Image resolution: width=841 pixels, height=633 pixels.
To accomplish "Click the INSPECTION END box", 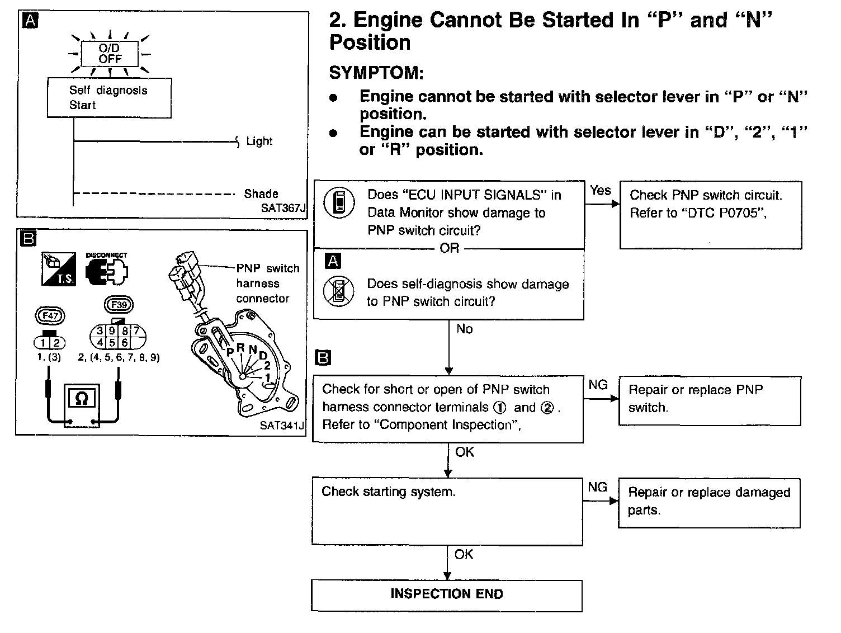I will [x=446, y=595].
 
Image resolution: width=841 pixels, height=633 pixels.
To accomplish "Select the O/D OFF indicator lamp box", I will [x=110, y=54].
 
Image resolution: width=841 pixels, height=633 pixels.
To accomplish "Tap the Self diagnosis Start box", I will [x=109, y=98].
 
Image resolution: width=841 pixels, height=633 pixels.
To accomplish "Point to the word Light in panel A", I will [x=259, y=141].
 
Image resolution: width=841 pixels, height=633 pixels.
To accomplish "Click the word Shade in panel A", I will [x=261, y=194].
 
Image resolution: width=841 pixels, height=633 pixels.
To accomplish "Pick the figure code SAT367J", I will [x=284, y=209].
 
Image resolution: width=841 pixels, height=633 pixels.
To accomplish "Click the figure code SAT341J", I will [x=282, y=426].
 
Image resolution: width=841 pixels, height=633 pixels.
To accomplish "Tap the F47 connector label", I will [x=50, y=316].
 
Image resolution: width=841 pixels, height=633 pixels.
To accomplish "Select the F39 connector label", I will [x=119, y=305].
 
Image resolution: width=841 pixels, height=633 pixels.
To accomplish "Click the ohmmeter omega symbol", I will [x=82, y=398].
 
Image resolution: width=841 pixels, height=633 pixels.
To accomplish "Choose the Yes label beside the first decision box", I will [x=601, y=191].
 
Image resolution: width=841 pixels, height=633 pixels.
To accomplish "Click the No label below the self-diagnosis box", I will [x=464, y=329].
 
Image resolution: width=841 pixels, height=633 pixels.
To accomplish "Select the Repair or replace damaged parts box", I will [x=709, y=503].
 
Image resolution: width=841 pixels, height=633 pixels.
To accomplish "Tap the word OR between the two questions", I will [x=449, y=248].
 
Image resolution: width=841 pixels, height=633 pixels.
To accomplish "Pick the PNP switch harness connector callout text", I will [x=267, y=284].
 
